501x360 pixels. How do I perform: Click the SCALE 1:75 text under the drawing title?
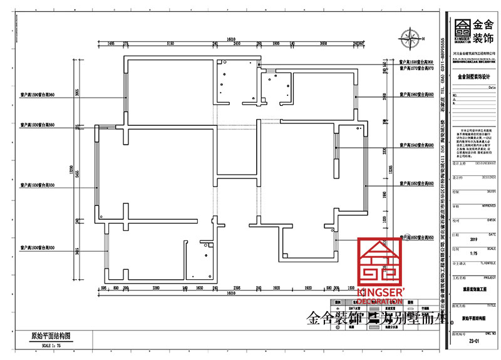point(42,344)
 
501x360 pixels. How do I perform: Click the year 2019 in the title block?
point(473,240)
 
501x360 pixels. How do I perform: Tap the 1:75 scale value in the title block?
point(473,254)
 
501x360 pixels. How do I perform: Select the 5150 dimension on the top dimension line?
point(169,44)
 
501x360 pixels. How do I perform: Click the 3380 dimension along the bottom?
point(156,289)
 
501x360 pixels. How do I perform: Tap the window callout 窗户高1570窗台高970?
point(416,68)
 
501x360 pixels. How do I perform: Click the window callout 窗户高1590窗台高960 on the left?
point(39,95)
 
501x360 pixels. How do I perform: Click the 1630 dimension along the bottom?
point(200,289)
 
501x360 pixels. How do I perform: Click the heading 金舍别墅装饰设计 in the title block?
point(473,76)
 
